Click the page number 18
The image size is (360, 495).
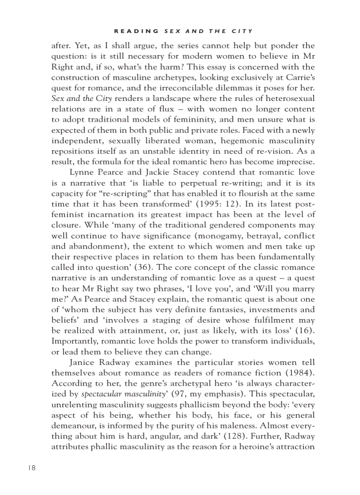coord(30,468)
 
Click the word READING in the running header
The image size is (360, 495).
coord(137,31)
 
